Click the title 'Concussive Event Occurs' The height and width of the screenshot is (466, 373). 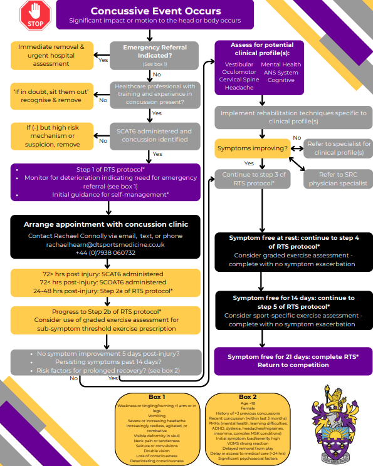click(155, 11)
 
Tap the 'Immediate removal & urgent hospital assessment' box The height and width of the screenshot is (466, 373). click(52, 54)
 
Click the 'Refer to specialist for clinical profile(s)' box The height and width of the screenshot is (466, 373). click(338, 148)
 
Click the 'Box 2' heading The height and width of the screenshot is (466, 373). click(248, 396)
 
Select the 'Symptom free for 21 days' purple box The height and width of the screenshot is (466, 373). click(293, 360)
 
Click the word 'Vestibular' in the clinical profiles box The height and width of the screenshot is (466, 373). click(239, 65)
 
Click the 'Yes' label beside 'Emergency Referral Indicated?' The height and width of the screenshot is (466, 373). click(103, 60)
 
